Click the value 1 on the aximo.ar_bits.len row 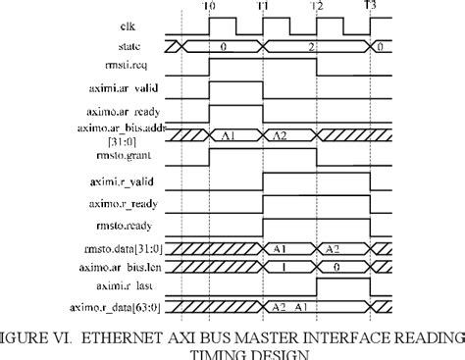point(282,266)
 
